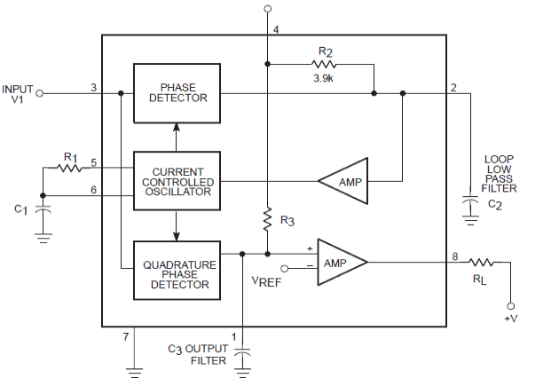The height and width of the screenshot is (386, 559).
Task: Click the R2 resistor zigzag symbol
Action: click(x=324, y=64)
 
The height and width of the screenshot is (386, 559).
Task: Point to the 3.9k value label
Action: click(x=323, y=78)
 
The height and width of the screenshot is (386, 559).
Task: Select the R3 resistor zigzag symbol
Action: click(x=267, y=218)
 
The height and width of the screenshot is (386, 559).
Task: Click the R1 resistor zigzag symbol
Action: click(x=69, y=168)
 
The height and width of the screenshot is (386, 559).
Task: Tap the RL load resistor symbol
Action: click(x=481, y=263)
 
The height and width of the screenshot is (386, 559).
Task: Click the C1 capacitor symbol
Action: click(x=43, y=209)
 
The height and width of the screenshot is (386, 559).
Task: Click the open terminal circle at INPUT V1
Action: click(x=40, y=93)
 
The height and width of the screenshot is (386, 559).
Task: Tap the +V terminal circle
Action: click(x=510, y=306)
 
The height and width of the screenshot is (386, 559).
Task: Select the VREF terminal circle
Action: click(x=284, y=268)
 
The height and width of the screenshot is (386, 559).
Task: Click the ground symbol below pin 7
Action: click(x=134, y=373)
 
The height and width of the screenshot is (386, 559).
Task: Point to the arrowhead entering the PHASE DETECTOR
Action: click(x=176, y=127)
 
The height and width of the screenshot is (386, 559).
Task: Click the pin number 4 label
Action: click(x=276, y=29)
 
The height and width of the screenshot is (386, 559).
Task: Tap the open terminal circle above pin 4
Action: click(x=268, y=9)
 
